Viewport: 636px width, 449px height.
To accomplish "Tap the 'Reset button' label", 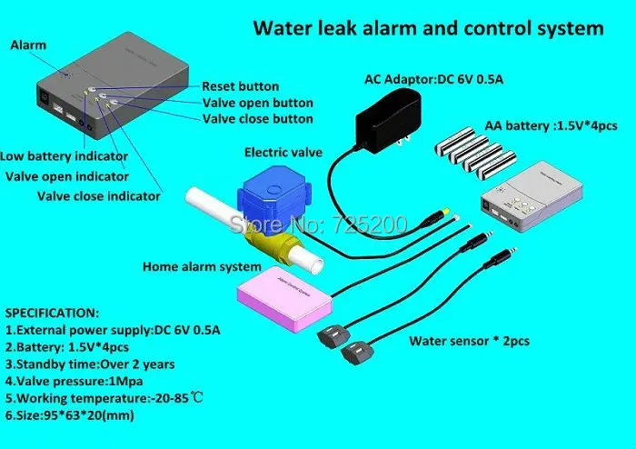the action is (240, 86).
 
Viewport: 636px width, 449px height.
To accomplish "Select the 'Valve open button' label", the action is (257, 103).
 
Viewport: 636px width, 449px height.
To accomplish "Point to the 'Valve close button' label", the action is (257, 119).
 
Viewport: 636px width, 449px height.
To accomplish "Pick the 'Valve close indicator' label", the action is (99, 195).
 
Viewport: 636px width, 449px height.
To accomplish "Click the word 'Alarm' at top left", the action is (27, 45).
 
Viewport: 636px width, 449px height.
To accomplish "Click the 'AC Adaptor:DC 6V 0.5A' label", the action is (433, 79).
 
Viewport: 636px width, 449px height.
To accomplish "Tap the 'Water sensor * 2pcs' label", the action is (469, 341).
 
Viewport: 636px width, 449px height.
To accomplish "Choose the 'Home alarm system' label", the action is (201, 267).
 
